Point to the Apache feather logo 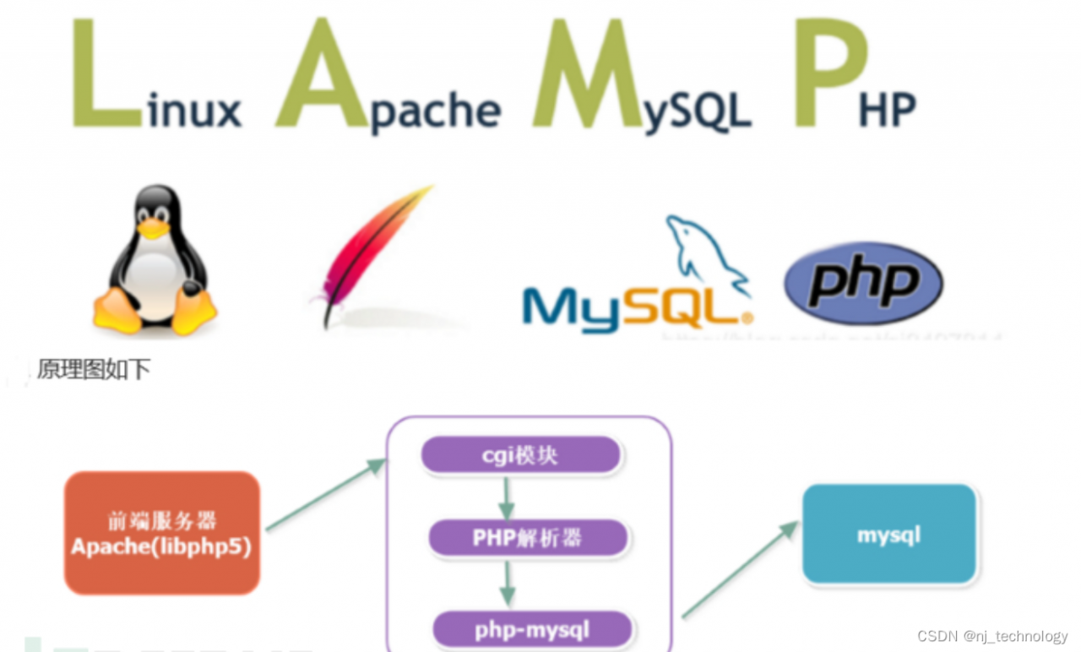click(372, 253)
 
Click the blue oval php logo click(863, 284)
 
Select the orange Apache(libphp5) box click(162, 532)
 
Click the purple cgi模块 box click(520, 456)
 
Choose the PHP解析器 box click(528, 538)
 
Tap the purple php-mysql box click(532, 629)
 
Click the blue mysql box click(888, 535)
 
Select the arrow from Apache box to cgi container click(325, 496)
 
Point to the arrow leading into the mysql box click(739, 570)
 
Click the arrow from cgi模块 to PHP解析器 click(506, 498)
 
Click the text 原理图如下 click(94, 370)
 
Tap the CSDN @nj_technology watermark click(992, 636)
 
